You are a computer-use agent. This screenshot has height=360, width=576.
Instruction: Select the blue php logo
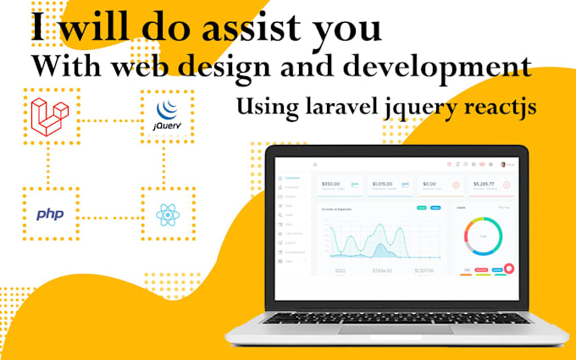(x=50, y=214)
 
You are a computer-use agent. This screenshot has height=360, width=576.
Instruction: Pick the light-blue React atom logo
(x=168, y=214)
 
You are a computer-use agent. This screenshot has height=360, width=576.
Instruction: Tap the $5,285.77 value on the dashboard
(x=483, y=183)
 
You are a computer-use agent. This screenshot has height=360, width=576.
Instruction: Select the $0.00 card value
(x=429, y=183)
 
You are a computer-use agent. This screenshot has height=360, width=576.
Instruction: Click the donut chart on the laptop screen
(x=483, y=235)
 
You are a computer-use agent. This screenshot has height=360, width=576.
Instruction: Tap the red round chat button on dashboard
(x=509, y=269)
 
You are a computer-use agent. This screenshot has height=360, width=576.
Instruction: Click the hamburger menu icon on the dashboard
(x=315, y=163)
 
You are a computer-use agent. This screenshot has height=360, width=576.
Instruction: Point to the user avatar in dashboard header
(x=502, y=163)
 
